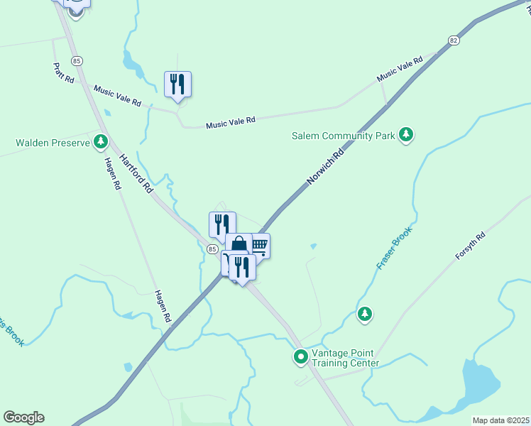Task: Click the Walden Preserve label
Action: click(53, 143)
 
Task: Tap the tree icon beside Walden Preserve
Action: click(101, 142)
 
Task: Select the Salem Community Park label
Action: click(343, 136)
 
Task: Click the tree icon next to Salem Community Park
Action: click(405, 134)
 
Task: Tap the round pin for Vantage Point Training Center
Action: click(300, 356)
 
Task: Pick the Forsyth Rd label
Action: click(470, 246)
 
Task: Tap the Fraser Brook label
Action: click(394, 248)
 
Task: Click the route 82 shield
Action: click(453, 40)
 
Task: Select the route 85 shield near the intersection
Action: click(212, 249)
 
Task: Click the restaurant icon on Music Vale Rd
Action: click(177, 84)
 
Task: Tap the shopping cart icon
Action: click(259, 246)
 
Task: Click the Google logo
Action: click(23, 417)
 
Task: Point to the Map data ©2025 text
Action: click(500, 420)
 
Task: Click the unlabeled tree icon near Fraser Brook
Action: click(365, 313)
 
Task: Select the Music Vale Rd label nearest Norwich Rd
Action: click(400, 67)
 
